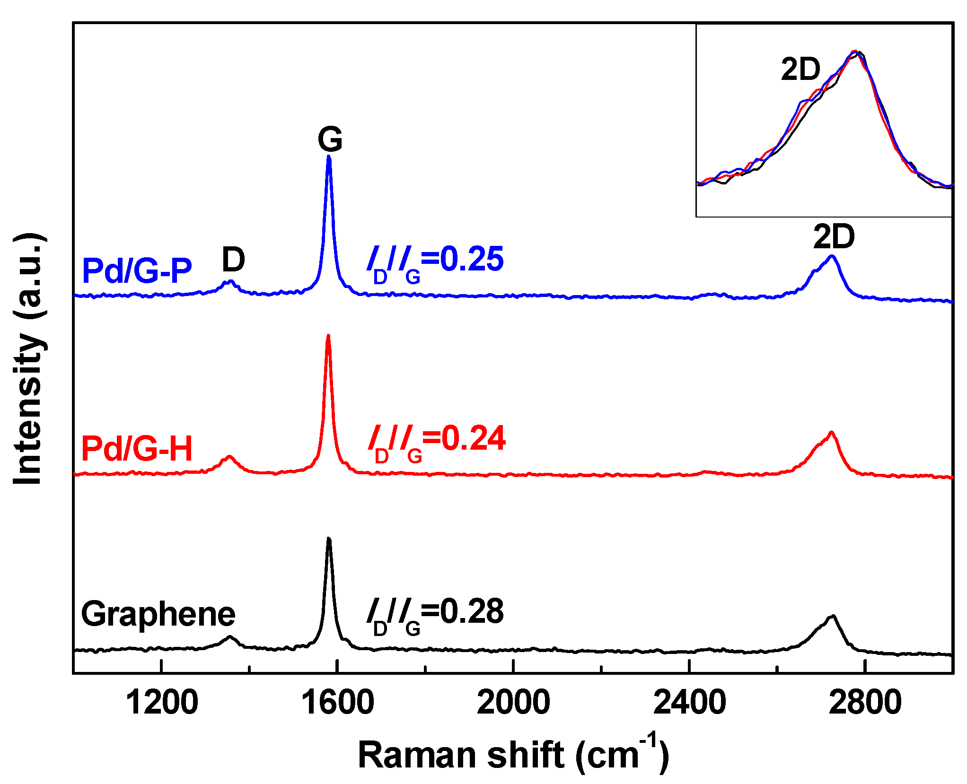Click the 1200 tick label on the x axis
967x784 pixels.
(162, 703)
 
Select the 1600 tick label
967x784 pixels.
(337, 703)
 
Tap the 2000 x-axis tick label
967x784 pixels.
(513, 703)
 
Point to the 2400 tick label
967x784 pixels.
(689, 703)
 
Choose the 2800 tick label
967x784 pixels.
(865, 703)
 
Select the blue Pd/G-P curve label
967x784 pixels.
(137, 270)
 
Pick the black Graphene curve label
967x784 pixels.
(158, 614)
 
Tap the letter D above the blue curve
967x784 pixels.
(233, 260)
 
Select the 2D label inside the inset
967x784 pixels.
(800, 70)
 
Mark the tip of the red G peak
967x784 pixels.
(328, 336)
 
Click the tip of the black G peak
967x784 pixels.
(329, 539)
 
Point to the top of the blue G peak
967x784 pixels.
(329, 157)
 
